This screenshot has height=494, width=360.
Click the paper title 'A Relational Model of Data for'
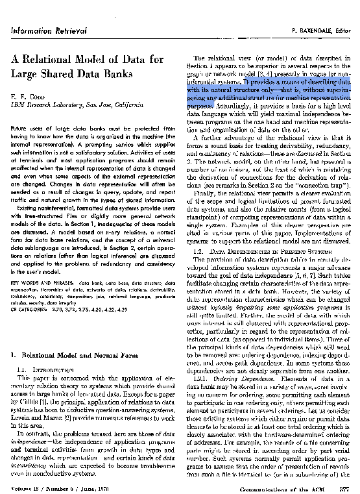tap(87, 60)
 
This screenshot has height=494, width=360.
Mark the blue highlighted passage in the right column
tap(266, 90)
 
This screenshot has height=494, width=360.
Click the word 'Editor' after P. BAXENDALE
tap(343, 31)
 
